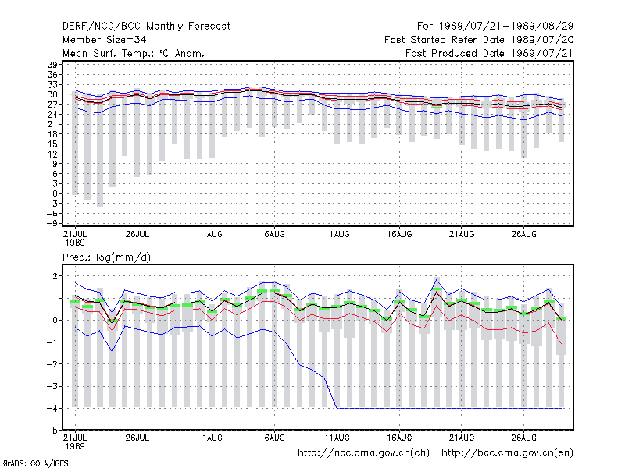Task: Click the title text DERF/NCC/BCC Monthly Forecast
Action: coord(146,27)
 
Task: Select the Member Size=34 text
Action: coord(105,40)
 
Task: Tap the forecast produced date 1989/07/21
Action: coord(541,53)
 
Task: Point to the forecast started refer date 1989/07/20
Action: coord(542,40)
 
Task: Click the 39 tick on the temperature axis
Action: coord(52,65)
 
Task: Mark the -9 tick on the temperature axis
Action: coord(52,223)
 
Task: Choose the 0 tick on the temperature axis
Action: coord(55,193)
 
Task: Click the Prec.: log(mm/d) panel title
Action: coord(106,257)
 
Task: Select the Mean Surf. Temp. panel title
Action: coord(133,53)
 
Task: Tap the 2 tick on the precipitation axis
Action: coord(55,276)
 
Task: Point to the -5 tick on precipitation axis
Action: coord(52,431)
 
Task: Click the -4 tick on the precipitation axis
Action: coord(52,408)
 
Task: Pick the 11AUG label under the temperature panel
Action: coord(337,235)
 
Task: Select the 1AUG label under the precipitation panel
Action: coord(212,438)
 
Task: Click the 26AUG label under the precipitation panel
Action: coord(523,438)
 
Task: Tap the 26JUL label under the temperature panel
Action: coord(137,235)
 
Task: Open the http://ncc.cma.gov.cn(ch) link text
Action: coord(363,453)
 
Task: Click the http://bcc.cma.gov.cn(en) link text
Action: coord(507,453)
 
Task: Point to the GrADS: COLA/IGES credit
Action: coord(35,463)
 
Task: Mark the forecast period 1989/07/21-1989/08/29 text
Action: coord(506,27)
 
